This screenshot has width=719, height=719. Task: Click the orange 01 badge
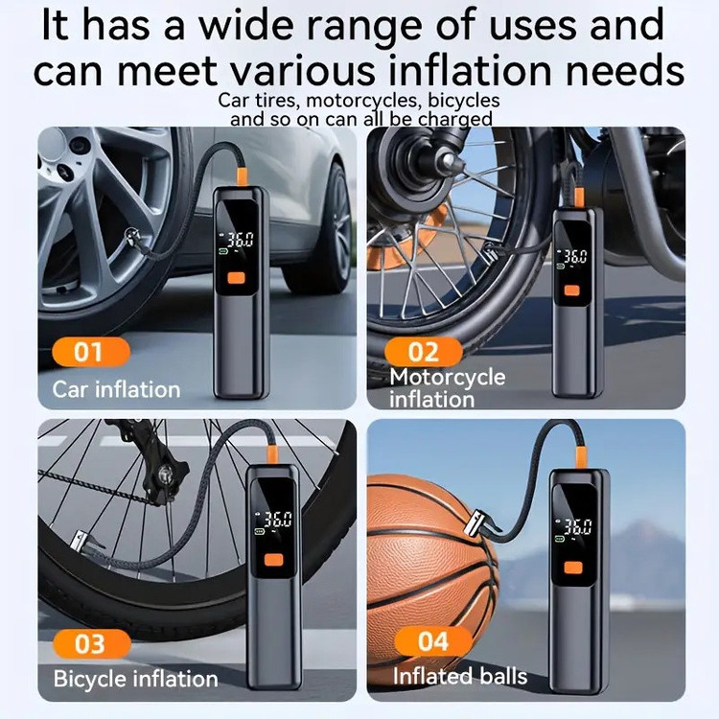point(91,352)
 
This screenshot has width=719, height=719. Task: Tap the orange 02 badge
point(423,352)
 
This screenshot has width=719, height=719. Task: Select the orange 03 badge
point(92,643)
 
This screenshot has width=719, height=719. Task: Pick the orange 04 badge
point(433,640)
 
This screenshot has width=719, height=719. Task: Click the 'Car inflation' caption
point(116,390)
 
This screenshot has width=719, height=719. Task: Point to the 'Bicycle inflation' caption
point(136,679)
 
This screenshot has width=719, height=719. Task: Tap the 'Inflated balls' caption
point(460,676)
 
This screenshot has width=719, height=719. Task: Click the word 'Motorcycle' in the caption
point(447,377)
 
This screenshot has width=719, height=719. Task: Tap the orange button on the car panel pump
point(237,278)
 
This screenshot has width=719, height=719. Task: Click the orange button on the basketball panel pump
point(573,568)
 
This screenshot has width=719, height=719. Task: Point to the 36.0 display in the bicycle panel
point(278,520)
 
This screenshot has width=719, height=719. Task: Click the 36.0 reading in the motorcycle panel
point(575,257)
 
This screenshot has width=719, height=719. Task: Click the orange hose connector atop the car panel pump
point(243,176)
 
